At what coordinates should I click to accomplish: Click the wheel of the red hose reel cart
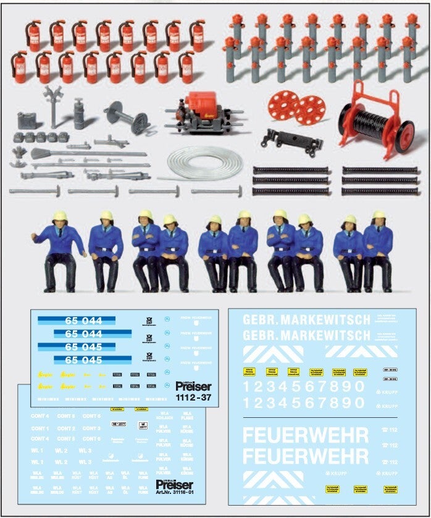click(404, 136)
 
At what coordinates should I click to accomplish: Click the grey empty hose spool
click(127, 116)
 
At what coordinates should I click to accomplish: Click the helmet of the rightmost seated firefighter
click(379, 215)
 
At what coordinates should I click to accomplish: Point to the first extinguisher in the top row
click(33, 36)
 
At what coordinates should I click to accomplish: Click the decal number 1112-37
click(193, 397)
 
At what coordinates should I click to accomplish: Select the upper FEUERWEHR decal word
click(306, 435)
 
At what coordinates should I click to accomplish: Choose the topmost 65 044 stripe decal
click(77, 321)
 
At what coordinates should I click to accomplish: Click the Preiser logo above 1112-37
click(193, 386)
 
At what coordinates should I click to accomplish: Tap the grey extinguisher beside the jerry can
click(80, 114)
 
